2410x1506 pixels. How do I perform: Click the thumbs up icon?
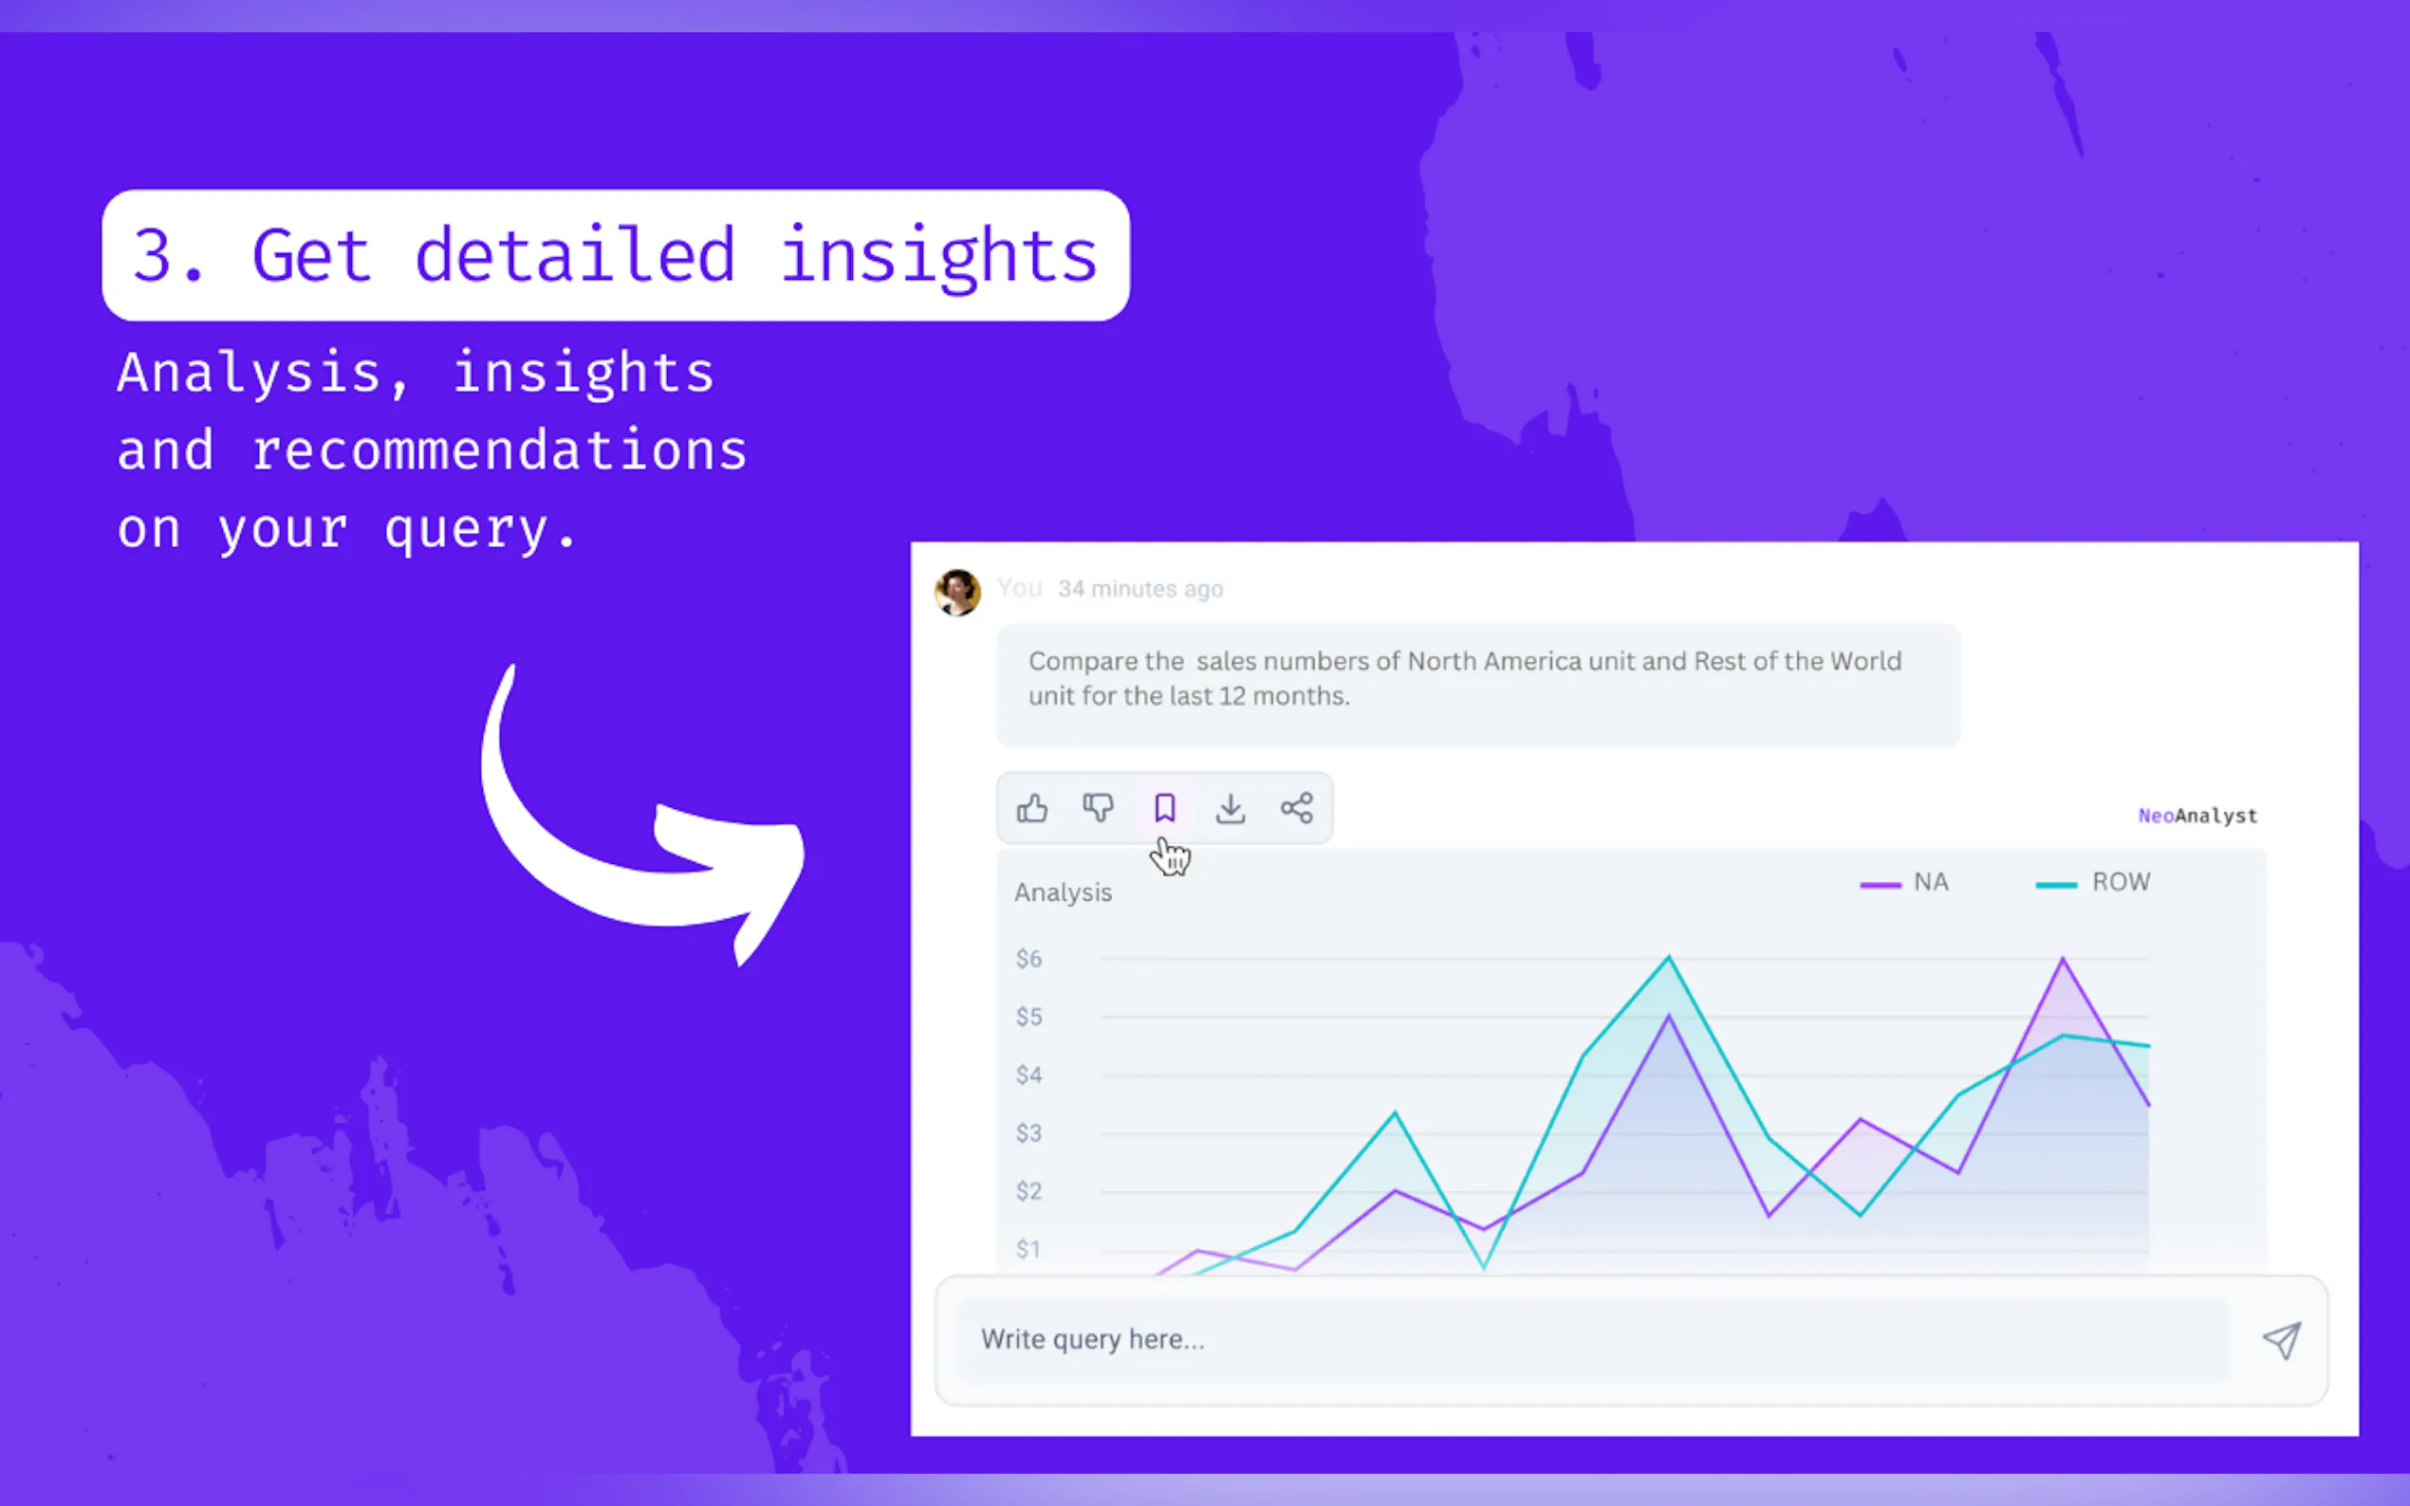point(1032,808)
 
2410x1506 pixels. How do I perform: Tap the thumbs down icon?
point(1098,808)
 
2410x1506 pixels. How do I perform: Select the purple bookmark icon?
point(1164,808)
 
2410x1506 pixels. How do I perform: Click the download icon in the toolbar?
point(1231,808)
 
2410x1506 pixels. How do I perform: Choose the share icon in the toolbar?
point(1296,808)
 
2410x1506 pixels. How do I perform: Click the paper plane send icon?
point(2282,1340)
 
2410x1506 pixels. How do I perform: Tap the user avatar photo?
point(957,593)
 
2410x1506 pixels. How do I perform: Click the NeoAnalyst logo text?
point(2197,816)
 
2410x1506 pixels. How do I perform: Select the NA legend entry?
point(1904,883)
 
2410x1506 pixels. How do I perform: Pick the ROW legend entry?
point(2093,883)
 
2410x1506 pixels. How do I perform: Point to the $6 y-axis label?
point(1029,958)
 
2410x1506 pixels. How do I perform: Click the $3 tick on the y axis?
point(1029,1132)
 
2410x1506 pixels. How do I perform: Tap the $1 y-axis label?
point(1029,1249)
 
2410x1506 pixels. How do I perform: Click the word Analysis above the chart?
point(1063,892)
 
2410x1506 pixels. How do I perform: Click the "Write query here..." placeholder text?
point(1093,1340)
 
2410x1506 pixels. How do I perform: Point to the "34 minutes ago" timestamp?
point(1140,589)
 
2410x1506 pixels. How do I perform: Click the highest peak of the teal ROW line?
point(1669,957)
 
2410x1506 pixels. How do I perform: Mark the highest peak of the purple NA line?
point(2063,958)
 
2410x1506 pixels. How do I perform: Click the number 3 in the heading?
point(152,256)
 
